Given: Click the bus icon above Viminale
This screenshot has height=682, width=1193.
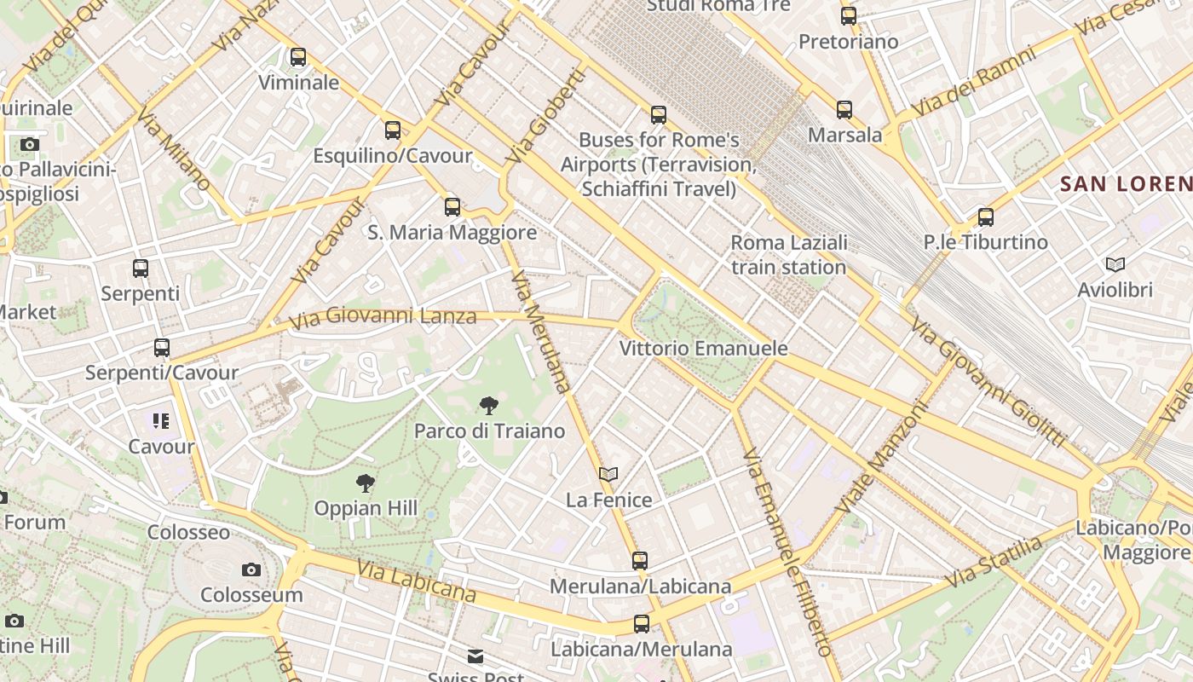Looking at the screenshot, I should [x=297, y=57].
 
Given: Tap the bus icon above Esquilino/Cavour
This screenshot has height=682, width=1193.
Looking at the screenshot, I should [x=392, y=130].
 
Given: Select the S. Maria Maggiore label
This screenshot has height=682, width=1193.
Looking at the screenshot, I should [x=452, y=232].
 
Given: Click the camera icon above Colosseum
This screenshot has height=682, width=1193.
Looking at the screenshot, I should [x=251, y=569].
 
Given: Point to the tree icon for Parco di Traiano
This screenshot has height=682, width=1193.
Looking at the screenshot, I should [x=488, y=406].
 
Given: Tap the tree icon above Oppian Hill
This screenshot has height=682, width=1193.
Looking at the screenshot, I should [x=365, y=483].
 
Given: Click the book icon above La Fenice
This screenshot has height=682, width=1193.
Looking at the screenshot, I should [x=608, y=474].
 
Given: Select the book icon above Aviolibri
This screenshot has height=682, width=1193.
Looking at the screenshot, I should [x=1115, y=264].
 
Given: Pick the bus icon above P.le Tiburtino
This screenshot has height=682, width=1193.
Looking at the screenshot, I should [x=985, y=217].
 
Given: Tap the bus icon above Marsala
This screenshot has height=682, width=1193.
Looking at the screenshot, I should [x=844, y=109].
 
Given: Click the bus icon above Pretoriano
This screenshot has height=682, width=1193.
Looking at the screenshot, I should [x=848, y=15].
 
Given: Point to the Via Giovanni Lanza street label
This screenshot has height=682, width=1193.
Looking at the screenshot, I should [x=383, y=318].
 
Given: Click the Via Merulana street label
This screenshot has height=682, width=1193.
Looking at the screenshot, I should [x=540, y=331].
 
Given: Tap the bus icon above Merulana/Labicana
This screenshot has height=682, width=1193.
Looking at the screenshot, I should [x=639, y=560].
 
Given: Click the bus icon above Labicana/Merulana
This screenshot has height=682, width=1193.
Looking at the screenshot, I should [x=641, y=624].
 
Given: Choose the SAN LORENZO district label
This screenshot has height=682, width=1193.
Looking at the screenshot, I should [x=1126, y=183].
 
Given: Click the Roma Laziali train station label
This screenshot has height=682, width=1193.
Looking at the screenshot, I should [x=788, y=255].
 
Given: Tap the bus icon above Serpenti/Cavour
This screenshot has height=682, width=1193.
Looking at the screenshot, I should [x=162, y=347].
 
